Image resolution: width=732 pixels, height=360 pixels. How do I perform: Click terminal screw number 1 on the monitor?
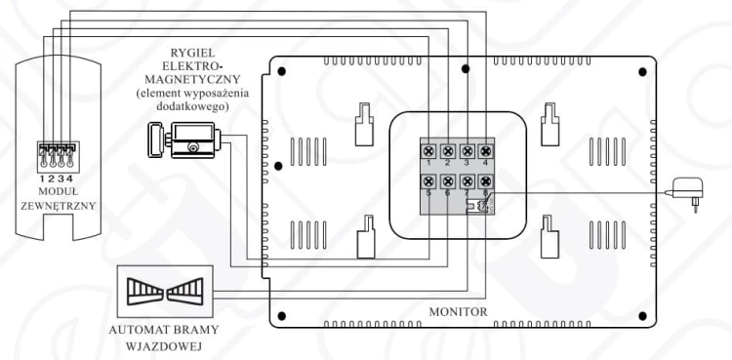click(428, 151)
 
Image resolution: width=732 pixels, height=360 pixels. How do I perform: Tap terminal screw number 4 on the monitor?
click(485, 151)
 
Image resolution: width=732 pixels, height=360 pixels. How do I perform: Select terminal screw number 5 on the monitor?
click(428, 180)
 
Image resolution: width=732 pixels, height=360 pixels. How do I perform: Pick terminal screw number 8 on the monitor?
click(485, 180)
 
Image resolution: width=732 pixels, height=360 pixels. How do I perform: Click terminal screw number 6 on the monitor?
click(448, 180)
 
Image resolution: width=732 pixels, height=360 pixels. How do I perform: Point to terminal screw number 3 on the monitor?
click(467, 151)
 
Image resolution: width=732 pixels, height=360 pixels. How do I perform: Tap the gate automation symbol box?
click(165, 292)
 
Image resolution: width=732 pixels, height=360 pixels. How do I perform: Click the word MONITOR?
click(458, 311)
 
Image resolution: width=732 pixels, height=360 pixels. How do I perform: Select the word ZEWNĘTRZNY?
click(59, 206)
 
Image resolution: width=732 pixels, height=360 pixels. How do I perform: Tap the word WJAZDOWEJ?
click(164, 346)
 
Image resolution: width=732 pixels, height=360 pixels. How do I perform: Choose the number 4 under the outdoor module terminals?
click(69, 179)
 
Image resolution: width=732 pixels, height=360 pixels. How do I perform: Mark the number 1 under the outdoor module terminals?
click(42, 179)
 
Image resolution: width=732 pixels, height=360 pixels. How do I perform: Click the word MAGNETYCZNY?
click(192, 78)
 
